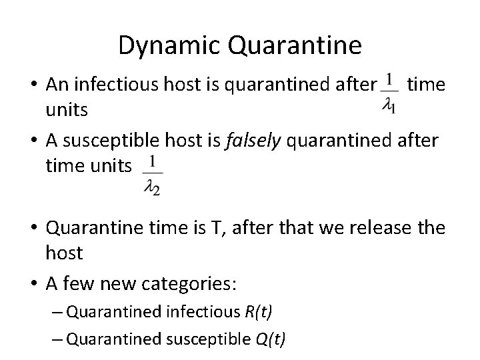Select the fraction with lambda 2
pos(153,175)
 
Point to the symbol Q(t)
pos(271,339)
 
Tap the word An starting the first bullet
pos(55,85)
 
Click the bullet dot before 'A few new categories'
pos(35,283)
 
